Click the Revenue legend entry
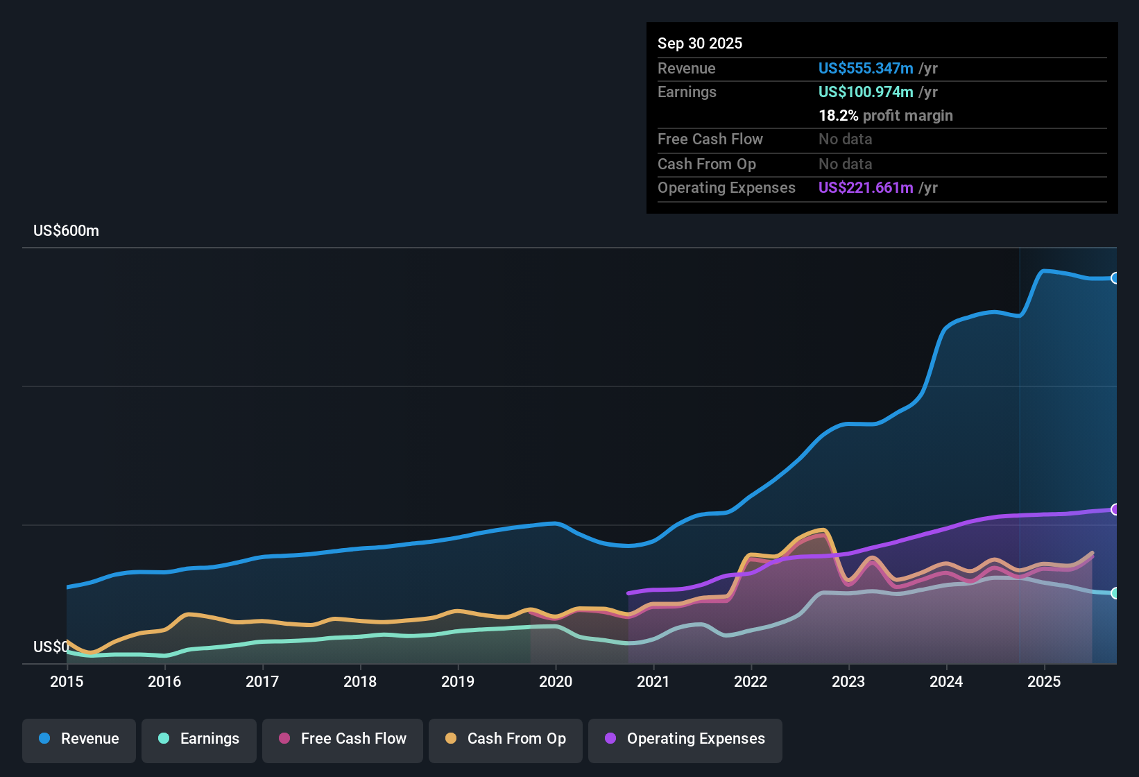(x=79, y=739)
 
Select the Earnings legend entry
(x=199, y=739)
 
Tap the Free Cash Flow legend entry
(x=343, y=739)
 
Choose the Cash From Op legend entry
(x=506, y=739)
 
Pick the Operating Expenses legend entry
(x=685, y=739)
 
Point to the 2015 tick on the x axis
(x=67, y=681)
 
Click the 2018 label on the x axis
(x=360, y=681)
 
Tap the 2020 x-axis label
(x=556, y=681)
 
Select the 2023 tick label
(x=848, y=681)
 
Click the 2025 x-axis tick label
(x=1044, y=681)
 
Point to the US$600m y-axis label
(x=67, y=231)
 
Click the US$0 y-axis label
(x=51, y=647)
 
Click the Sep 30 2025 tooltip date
(x=700, y=44)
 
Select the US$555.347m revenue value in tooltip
(x=866, y=69)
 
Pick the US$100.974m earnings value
(x=866, y=92)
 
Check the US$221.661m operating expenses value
(x=866, y=188)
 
